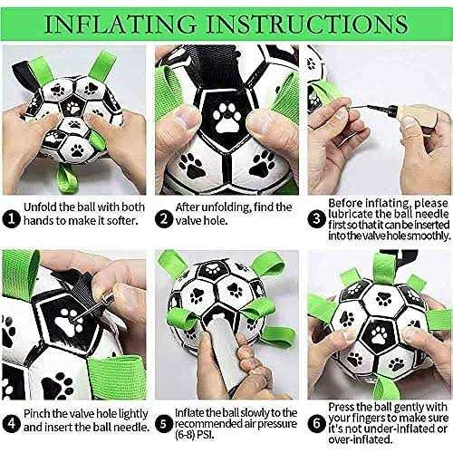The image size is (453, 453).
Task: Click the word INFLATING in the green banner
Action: point(120,24)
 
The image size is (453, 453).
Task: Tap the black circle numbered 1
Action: point(11,218)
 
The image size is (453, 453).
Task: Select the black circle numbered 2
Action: point(164,218)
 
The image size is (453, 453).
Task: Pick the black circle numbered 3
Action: point(316,218)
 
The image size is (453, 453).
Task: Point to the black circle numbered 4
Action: point(11,423)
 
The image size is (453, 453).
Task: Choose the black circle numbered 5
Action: point(164,423)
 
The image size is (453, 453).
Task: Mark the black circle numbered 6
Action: point(316,423)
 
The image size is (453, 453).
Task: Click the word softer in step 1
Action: point(121,221)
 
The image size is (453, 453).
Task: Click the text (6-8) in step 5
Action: point(186,435)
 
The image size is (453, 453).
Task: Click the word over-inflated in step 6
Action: point(361,439)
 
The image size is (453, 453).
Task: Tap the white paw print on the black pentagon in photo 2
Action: point(226,118)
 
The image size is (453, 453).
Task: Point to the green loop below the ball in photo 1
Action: point(67,178)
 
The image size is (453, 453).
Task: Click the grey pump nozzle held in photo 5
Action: point(223,351)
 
